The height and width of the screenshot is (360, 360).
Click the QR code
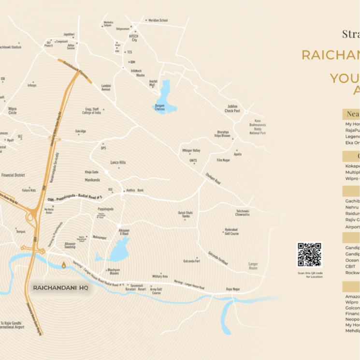click(x=309, y=255)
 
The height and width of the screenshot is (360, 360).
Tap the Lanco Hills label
click(x=118, y=163)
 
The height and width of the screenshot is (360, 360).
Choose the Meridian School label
click(x=158, y=20)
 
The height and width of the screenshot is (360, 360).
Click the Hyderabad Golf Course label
click(x=231, y=231)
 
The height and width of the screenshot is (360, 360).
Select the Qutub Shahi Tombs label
click(x=186, y=214)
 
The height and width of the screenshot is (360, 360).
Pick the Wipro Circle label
click(x=13, y=111)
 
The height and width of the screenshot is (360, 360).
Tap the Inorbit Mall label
click(x=153, y=83)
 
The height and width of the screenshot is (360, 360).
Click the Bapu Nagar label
click(x=233, y=289)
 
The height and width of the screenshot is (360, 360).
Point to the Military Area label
click(x=160, y=276)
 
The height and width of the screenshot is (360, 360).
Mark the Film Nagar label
click(x=223, y=160)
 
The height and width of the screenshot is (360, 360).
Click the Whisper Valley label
click(x=191, y=150)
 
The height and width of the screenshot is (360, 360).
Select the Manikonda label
click(x=92, y=180)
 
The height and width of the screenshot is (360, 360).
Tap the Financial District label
click(x=13, y=175)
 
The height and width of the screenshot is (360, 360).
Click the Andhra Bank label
click(x=134, y=190)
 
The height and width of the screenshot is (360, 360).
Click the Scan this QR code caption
click(x=310, y=275)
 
